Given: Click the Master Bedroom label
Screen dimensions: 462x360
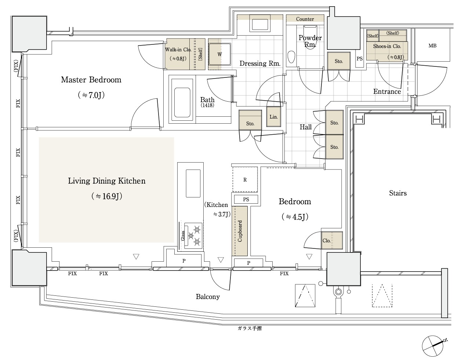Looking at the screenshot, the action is click(91, 80).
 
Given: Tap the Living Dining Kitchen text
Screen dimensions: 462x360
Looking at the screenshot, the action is click(107, 181).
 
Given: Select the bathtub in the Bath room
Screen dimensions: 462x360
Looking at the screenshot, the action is click(182, 102).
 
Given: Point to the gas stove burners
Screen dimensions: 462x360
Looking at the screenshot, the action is click(193, 236).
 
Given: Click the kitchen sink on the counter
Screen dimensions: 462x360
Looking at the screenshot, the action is click(193, 183).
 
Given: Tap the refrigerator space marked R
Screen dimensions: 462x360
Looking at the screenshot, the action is click(245, 179).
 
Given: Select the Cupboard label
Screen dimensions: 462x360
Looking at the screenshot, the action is click(240, 231).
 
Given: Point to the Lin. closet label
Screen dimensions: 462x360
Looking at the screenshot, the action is click(274, 117).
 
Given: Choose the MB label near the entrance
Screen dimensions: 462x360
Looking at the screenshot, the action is click(432, 46).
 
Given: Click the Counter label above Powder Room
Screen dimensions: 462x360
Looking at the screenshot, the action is click(305, 19).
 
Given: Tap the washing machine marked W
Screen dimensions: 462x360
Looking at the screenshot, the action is click(220, 54).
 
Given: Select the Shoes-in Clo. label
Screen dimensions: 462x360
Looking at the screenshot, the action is click(387, 46).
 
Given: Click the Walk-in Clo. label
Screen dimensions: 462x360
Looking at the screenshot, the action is click(178, 50).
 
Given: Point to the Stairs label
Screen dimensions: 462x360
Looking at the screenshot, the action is click(398, 193).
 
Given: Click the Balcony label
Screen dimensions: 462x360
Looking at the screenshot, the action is click(208, 297).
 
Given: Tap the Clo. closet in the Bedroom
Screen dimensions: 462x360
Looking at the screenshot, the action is click(332, 240).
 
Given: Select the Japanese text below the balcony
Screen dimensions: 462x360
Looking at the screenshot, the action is click(250, 328).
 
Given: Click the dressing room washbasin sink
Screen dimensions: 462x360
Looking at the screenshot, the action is click(260, 25).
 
